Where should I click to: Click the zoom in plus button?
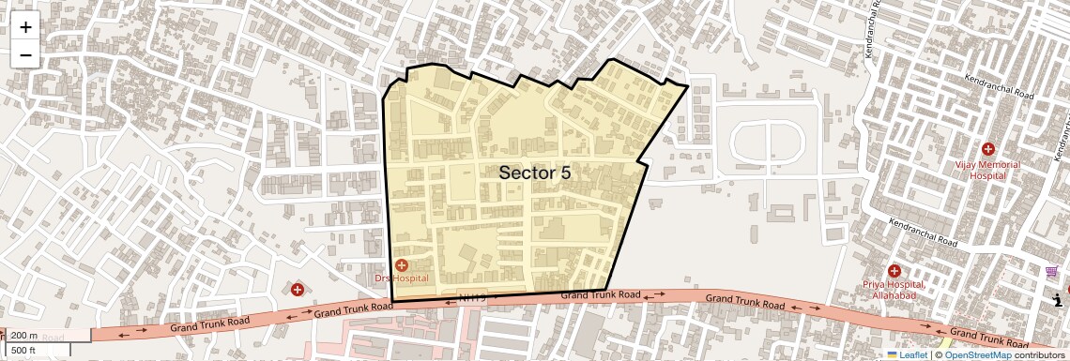click(25, 27)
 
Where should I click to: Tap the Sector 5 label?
click(534, 173)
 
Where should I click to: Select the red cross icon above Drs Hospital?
click(402, 265)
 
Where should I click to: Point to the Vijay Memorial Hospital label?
click(986, 170)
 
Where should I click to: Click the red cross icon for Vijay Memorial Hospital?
click(987, 150)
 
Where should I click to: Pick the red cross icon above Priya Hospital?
click(894, 271)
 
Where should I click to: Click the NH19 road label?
click(473, 298)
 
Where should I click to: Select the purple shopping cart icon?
click(1051, 273)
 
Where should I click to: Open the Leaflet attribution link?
click(912, 354)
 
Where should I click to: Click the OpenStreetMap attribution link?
click(978, 354)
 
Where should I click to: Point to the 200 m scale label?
click(24, 336)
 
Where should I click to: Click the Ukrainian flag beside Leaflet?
click(893, 354)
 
